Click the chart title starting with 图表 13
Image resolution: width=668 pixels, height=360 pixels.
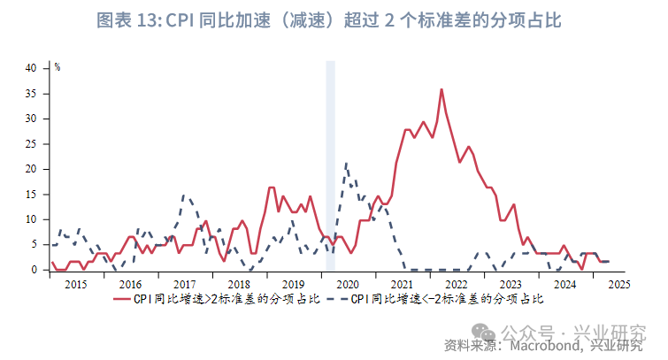(334, 20)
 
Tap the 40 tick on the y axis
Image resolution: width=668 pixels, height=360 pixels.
(31, 68)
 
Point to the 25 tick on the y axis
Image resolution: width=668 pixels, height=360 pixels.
(31, 143)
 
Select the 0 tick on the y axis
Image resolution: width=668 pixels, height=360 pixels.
(34, 270)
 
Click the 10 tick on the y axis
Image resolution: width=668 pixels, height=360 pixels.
(31, 219)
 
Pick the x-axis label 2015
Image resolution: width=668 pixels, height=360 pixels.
(75, 284)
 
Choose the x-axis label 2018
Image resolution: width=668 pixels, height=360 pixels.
(238, 284)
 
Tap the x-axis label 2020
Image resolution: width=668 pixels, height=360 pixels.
(347, 284)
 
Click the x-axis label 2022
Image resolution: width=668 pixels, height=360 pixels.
(456, 284)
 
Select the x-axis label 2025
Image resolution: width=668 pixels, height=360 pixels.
(618, 284)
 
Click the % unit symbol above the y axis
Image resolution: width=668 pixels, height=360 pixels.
(58, 66)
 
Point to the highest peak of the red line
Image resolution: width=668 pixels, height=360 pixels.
(441, 89)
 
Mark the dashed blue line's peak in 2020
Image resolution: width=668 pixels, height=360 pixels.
(346, 164)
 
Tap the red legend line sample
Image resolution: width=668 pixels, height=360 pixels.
(123, 300)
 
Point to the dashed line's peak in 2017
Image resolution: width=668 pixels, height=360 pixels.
(184, 196)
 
